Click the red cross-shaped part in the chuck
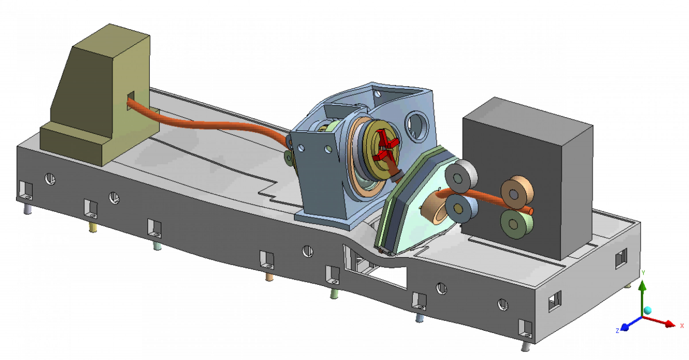385,147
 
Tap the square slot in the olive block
131,100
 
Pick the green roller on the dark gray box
515,223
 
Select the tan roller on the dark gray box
516,192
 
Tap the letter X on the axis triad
682,326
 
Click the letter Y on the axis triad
643,273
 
